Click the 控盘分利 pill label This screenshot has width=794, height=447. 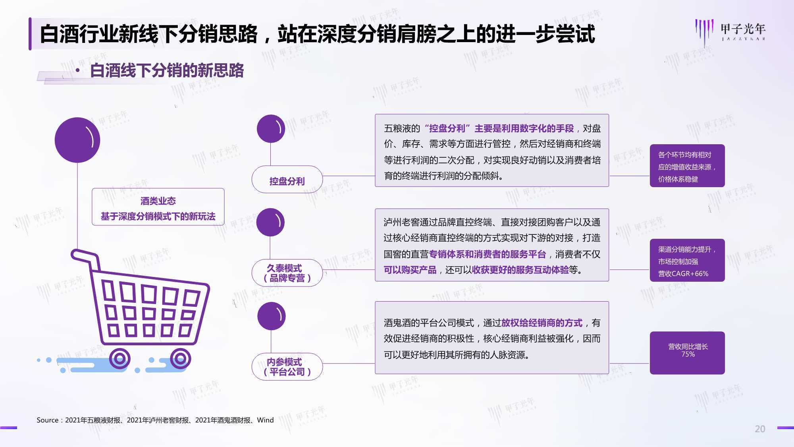point(287,180)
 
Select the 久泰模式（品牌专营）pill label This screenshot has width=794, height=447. point(287,273)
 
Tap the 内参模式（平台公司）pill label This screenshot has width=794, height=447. point(287,367)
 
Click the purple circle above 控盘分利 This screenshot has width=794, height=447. point(271,129)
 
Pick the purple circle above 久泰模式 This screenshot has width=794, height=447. point(271,222)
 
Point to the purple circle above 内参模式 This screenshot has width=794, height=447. point(272,316)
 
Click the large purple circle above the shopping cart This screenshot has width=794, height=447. point(77,140)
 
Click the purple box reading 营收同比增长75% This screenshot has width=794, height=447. point(687,353)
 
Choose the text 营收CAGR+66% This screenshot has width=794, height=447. point(683,274)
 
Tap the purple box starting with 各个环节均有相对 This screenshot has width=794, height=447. point(687,166)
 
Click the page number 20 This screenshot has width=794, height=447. point(760,429)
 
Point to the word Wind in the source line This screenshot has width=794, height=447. point(265,420)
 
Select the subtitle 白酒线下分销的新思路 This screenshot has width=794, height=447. point(167,71)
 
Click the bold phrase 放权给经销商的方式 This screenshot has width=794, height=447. point(542,323)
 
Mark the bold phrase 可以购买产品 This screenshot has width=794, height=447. point(410,270)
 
